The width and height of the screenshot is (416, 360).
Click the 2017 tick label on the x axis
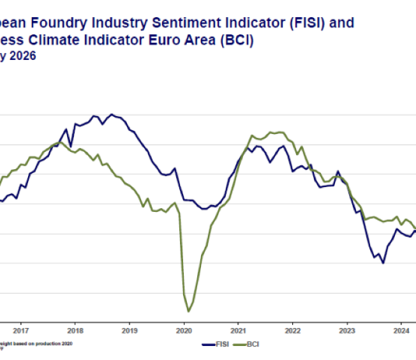[x=21, y=329]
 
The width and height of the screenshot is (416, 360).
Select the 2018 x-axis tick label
[x=76, y=329]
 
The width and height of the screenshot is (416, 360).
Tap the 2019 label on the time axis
[x=129, y=329]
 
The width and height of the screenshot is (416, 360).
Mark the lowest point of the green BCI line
[x=189, y=311]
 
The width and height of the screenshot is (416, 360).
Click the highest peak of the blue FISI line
[x=112, y=115]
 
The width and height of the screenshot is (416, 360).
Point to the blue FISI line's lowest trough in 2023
[x=383, y=263]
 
